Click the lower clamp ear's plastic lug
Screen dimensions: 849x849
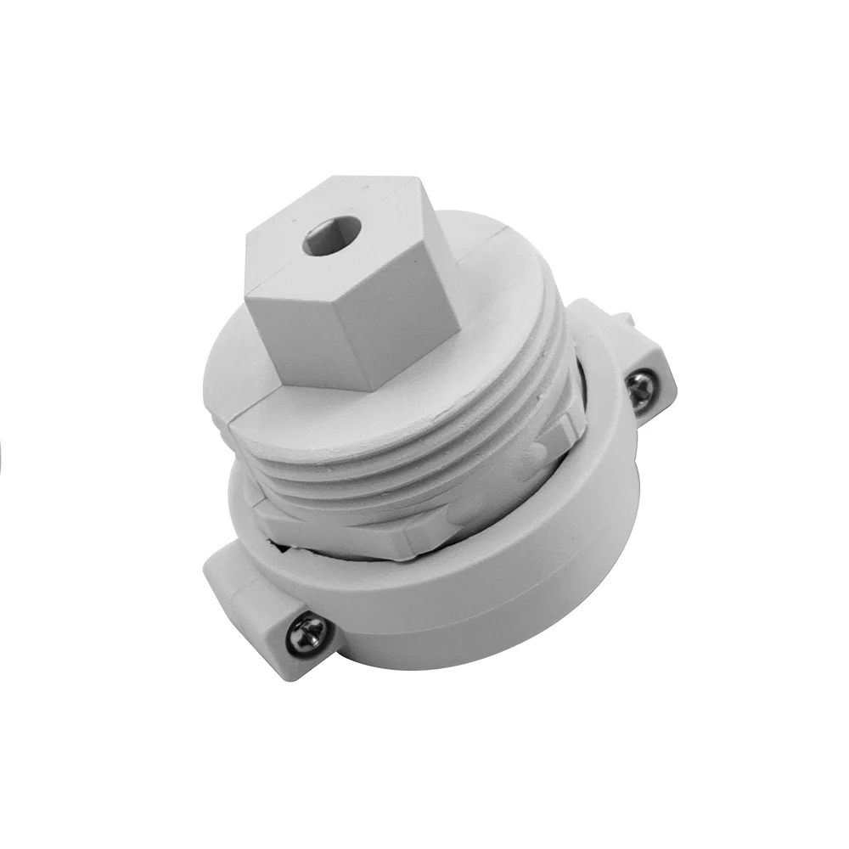point(255,611)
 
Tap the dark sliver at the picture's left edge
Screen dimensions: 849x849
point(2,458)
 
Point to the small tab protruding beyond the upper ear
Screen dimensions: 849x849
point(627,318)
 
